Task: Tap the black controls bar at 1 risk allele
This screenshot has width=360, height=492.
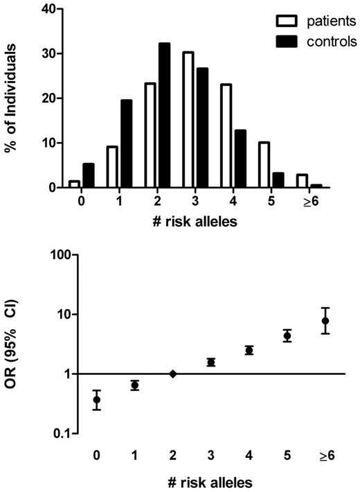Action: click(x=126, y=143)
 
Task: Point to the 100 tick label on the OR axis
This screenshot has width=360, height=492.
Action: click(x=56, y=255)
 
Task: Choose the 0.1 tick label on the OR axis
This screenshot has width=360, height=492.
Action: click(x=58, y=433)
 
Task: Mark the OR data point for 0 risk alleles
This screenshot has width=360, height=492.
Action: click(x=98, y=399)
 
